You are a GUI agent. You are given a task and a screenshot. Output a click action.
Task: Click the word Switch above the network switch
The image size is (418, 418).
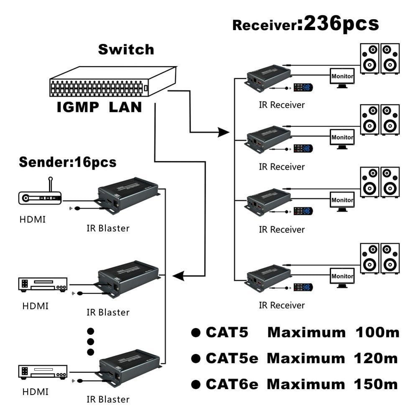click(x=126, y=49)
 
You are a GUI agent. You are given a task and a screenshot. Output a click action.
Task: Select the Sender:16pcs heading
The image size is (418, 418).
click(x=68, y=162)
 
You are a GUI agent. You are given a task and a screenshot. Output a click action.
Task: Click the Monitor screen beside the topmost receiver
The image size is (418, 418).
click(x=342, y=76)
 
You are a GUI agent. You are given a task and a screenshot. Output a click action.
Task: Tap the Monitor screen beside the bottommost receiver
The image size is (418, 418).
click(x=342, y=276)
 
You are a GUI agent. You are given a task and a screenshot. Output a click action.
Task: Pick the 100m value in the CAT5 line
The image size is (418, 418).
click(x=377, y=333)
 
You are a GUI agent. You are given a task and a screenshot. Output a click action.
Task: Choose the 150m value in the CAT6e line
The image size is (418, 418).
click(x=377, y=384)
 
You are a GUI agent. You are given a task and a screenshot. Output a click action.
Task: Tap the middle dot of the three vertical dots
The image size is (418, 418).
click(x=90, y=342)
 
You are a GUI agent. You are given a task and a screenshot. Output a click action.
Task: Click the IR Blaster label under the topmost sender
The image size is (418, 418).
click(x=108, y=228)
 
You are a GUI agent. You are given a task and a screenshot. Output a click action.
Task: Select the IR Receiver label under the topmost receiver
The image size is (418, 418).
click(x=282, y=104)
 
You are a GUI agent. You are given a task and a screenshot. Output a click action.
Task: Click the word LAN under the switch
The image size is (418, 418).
click(x=125, y=107)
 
